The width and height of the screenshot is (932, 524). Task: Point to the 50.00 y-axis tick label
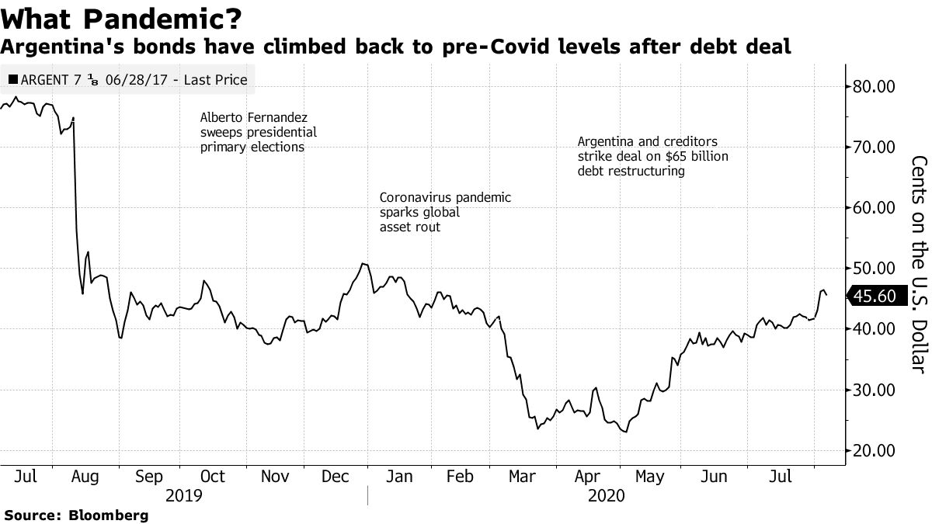(875, 269)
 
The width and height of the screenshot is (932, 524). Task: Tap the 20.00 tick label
(875, 451)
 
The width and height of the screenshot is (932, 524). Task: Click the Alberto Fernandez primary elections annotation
(258, 132)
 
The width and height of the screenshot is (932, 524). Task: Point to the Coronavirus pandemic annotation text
(445, 212)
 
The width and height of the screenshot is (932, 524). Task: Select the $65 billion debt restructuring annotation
(652, 157)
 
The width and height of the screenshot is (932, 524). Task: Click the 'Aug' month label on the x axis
(85, 476)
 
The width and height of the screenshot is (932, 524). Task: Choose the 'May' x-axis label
(650, 476)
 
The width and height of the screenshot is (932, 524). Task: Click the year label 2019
(184, 495)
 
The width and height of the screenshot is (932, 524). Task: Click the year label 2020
(606, 495)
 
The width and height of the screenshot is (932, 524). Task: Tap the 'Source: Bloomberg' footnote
(76, 515)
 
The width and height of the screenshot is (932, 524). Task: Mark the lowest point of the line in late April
(624, 432)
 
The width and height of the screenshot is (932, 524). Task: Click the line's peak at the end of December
(363, 264)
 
